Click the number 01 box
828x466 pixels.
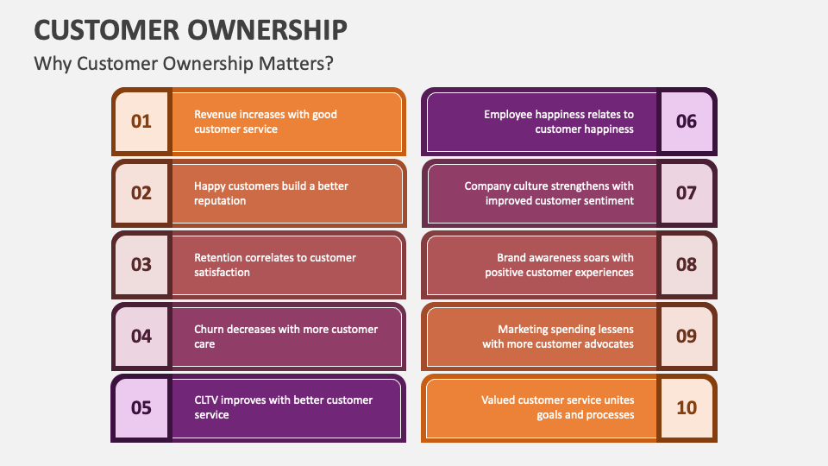pos(141,122)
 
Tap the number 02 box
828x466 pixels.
pos(141,193)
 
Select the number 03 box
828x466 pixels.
pos(141,265)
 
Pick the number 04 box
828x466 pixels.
pos(141,337)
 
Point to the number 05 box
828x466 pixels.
pos(141,407)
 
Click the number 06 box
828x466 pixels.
pos(686,122)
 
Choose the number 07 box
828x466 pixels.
pos(686,193)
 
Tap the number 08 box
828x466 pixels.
pos(686,265)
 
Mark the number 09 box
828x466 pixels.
pos(686,337)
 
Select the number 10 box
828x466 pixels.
pos(686,407)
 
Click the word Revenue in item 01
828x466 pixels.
pos(216,114)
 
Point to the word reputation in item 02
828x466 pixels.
pos(220,201)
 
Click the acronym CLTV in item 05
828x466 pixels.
pos(208,400)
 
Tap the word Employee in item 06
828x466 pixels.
pos(510,114)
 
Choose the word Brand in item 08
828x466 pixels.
pos(512,257)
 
